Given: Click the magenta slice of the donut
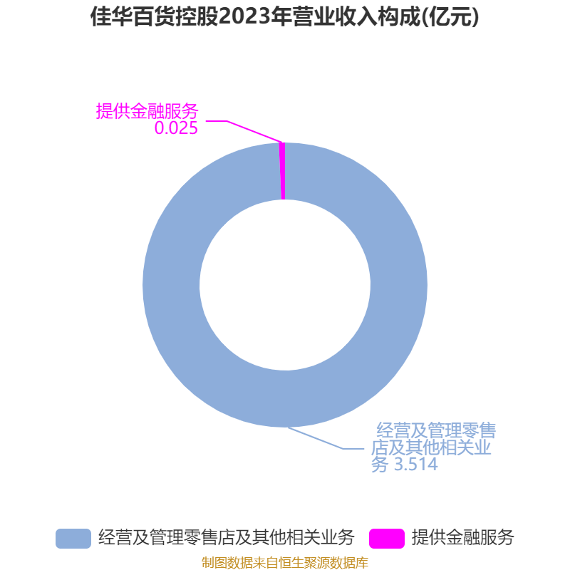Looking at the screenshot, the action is [x=282, y=171].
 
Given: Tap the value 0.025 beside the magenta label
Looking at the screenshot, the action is [x=176, y=128].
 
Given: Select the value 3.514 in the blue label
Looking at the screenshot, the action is [x=416, y=465].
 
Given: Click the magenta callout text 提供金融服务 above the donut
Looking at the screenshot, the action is [x=147, y=111].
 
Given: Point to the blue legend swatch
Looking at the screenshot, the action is [x=73, y=539].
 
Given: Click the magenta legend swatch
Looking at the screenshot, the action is [x=387, y=539].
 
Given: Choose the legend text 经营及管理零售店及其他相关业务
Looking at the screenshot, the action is [x=226, y=538].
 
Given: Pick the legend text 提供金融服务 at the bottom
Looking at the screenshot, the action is [x=462, y=538].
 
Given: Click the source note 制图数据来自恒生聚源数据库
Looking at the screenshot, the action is [x=285, y=562].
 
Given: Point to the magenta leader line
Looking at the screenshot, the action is [x=243, y=128].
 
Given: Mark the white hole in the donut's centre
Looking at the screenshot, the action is [x=285, y=285].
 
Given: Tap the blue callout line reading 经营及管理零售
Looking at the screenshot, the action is [x=436, y=430].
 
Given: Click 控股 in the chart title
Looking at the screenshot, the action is [x=197, y=16].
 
